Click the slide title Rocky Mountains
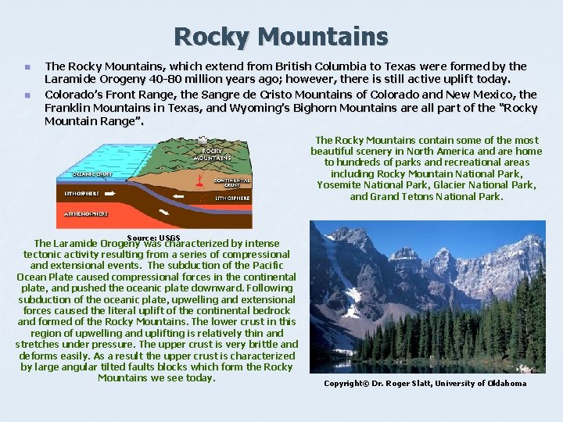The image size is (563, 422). coord(281,36)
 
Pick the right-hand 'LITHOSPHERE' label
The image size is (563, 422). coord(232,198)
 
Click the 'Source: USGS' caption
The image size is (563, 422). coord(153,238)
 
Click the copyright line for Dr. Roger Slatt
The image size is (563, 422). coord(425,384)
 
